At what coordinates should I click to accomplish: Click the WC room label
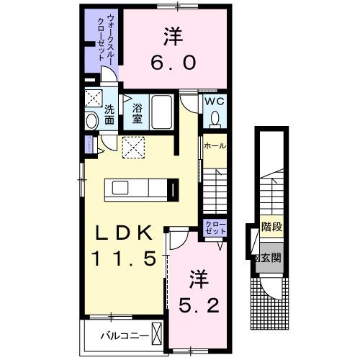coord(215,102)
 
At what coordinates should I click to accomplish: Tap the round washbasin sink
coord(91,121)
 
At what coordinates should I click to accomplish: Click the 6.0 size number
coord(173,63)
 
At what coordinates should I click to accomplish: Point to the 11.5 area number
coord(124,258)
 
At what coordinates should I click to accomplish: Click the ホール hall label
coord(215,145)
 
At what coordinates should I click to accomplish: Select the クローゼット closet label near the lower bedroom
coord(215,228)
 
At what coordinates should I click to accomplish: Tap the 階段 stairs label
coord(271,226)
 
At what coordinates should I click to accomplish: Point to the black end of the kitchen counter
coord(174,189)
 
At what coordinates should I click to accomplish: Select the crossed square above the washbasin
coord(92,99)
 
